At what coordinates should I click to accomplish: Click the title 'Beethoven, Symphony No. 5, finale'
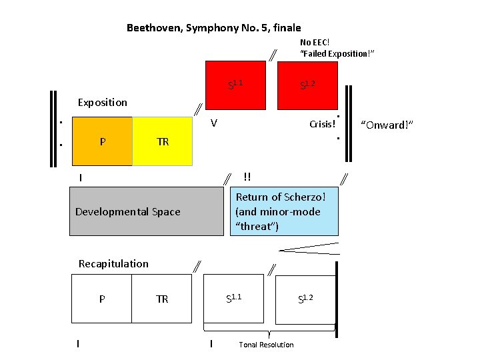(213, 28)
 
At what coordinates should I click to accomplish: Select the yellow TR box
(163, 141)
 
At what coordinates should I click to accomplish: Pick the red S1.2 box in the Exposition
(307, 85)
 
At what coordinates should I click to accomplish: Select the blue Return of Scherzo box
(287, 212)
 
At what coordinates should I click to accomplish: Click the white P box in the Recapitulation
(102, 299)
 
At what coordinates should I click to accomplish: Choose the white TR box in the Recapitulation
(163, 299)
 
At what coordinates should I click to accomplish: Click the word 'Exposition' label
(102, 103)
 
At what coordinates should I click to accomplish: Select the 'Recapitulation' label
(113, 263)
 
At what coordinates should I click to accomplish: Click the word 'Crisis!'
(322, 125)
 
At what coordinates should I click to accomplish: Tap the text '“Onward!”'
(387, 125)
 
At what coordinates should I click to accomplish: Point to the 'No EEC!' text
(315, 43)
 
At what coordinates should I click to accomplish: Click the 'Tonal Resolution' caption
(266, 345)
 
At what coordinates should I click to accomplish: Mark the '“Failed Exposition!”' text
(337, 53)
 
